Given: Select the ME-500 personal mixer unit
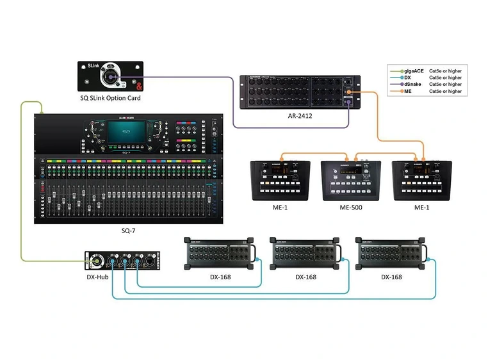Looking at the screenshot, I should (351, 179).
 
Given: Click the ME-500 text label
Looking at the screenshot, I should (351, 208).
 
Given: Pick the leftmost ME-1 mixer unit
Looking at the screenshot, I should (279, 179).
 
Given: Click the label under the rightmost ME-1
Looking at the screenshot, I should (422, 208).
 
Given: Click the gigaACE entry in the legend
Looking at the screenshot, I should (413, 70).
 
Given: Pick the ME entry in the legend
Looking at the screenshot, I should (408, 92).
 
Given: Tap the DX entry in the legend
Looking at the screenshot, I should (408, 78).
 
